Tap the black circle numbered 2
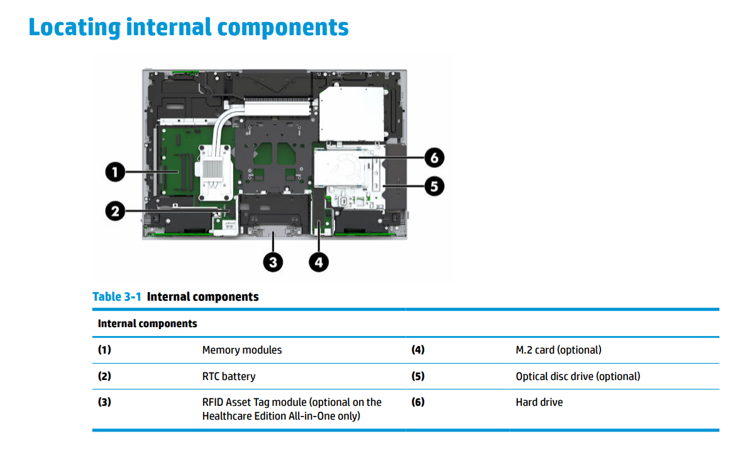(x=114, y=211)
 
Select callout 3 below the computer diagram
(x=273, y=262)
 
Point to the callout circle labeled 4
(x=319, y=262)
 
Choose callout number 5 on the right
(x=434, y=186)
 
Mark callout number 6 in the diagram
(x=434, y=157)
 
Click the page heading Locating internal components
(x=188, y=28)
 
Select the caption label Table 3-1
(x=117, y=296)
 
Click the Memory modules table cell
(x=242, y=350)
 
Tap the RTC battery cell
(x=229, y=376)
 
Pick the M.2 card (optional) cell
(x=558, y=350)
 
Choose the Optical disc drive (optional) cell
(x=578, y=376)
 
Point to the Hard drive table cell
(x=539, y=402)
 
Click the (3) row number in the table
(x=104, y=402)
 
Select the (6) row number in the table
(x=418, y=402)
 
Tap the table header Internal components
(x=147, y=324)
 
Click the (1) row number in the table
(x=104, y=350)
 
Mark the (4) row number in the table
(x=418, y=350)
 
